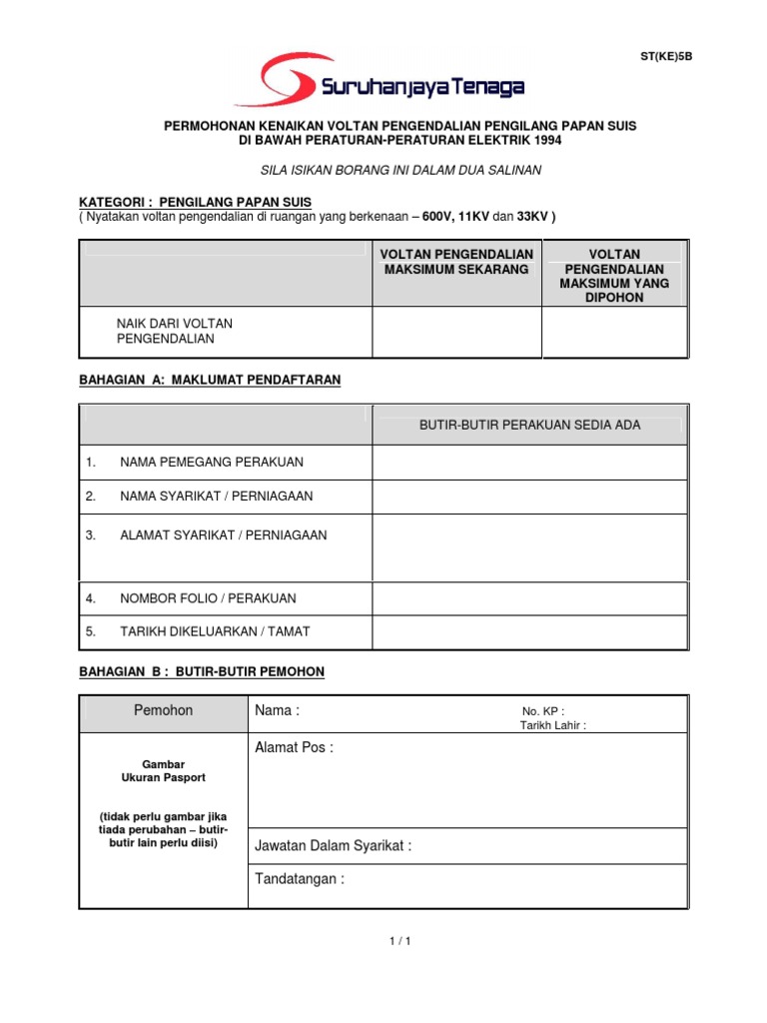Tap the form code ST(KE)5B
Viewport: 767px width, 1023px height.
click(665, 56)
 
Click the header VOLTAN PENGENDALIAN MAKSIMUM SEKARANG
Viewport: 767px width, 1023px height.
click(456, 262)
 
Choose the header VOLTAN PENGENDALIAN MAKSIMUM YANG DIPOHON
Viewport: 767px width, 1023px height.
click(615, 276)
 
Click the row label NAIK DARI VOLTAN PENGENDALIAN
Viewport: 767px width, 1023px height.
click(175, 331)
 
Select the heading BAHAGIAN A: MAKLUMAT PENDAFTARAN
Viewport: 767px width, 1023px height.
click(210, 380)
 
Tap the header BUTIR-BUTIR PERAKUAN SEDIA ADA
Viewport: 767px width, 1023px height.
click(529, 426)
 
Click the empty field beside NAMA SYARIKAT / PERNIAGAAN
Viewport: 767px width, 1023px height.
click(529, 497)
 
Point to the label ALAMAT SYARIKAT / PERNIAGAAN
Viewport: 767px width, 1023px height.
click(223, 534)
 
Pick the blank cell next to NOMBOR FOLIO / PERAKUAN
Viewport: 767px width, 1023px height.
click(529, 598)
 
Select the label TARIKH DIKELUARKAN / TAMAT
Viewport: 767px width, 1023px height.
click(215, 631)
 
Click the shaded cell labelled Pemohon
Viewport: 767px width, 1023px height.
click(164, 710)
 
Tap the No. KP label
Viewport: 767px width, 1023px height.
click(543, 711)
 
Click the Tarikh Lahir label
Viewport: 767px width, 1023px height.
click(553, 725)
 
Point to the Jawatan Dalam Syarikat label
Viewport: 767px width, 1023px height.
click(334, 846)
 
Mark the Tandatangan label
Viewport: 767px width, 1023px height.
click(300, 879)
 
